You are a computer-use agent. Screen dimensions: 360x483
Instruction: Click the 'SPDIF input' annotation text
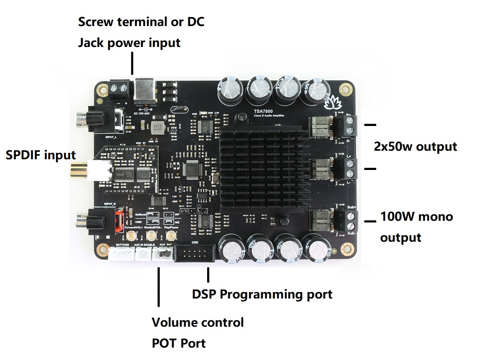41,155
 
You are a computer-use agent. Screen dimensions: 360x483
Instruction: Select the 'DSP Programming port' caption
262,294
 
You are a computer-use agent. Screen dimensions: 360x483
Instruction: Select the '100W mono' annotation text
416,217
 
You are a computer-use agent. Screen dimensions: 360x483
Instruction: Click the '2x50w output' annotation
415,146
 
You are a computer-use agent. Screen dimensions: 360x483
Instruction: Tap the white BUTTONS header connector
120,254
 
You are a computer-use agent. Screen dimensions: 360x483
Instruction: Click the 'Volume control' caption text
198,322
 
